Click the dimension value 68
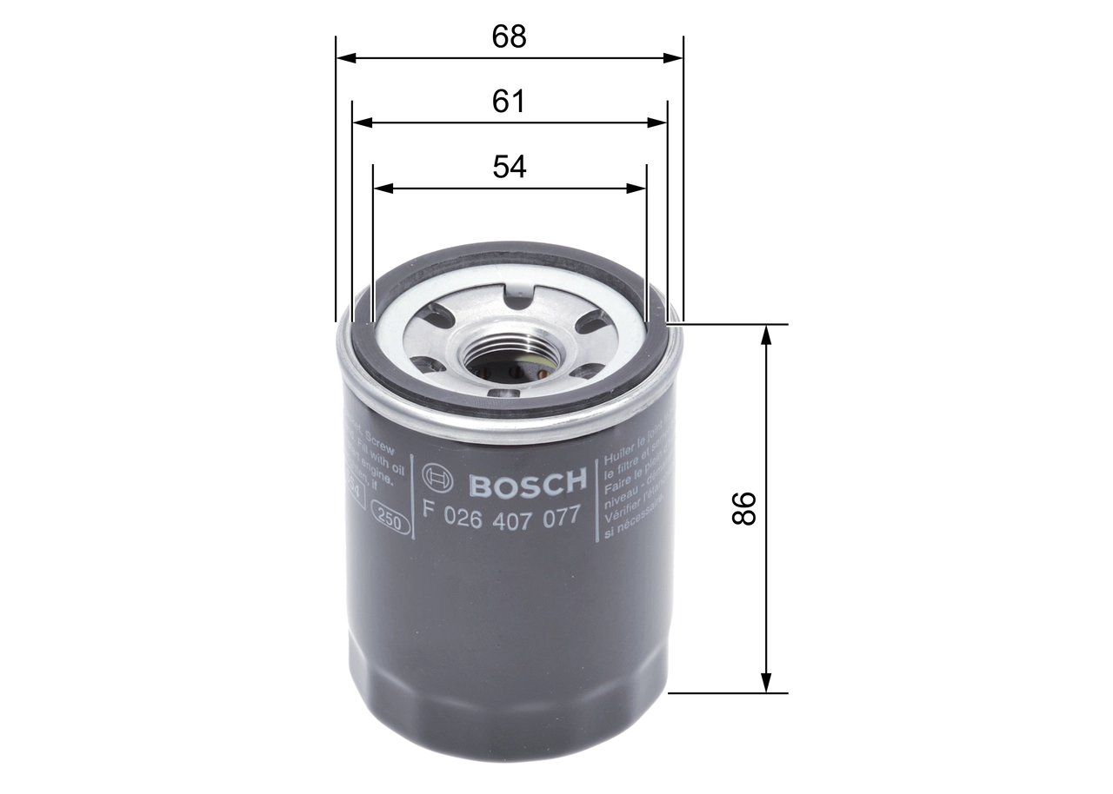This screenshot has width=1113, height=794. [509, 36]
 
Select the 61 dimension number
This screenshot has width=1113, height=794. [509, 102]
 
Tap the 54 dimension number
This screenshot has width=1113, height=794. [510, 166]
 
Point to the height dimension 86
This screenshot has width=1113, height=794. [744, 508]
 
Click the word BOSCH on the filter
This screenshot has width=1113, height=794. [528, 482]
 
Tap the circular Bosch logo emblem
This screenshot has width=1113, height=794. [437, 477]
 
